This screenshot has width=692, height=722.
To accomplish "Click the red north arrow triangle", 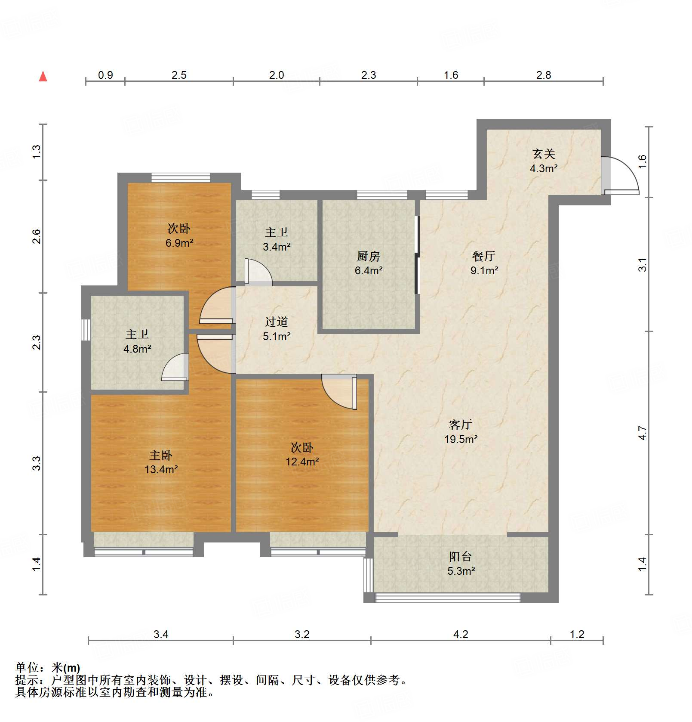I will pyautogui.click(x=43, y=77).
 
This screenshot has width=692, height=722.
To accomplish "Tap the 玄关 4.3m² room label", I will pyautogui.click(x=544, y=161).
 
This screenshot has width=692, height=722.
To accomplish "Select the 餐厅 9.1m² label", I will pyautogui.click(x=484, y=263).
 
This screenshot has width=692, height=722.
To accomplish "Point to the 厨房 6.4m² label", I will pyautogui.click(x=369, y=263).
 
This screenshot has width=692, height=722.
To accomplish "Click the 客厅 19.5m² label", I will pyautogui.click(x=461, y=432).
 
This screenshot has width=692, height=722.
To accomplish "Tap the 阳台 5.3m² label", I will pyautogui.click(x=461, y=564).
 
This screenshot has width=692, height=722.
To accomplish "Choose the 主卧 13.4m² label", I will pyautogui.click(x=161, y=462).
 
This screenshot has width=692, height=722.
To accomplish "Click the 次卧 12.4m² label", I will pyautogui.click(x=302, y=454).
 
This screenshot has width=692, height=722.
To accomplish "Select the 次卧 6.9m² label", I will pyautogui.click(x=179, y=236).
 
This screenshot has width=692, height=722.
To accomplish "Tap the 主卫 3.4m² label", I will pyautogui.click(x=277, y=239).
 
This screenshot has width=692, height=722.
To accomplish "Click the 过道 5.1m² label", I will pyautogui.click(x=277, y=329).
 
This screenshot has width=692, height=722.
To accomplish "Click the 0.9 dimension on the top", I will pyautogui.click(x=105, y=75).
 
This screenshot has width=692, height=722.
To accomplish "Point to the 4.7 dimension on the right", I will pyautogui.click(x=642, y=433).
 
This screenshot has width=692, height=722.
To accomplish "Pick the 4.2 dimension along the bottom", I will pyautogui.click(x=460, y=634).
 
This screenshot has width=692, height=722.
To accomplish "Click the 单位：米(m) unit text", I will pyautogui.click(x=47, y=668).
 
